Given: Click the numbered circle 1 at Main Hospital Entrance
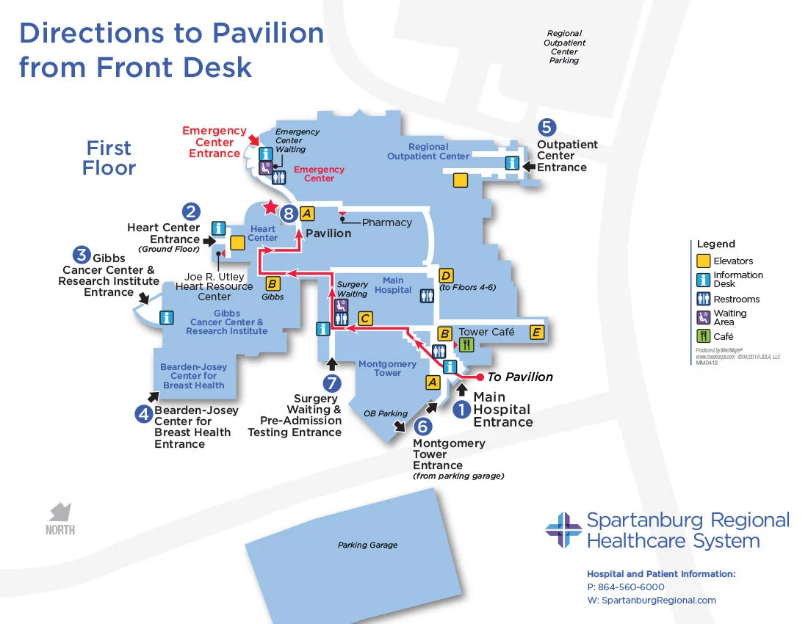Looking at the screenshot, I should (461, 410).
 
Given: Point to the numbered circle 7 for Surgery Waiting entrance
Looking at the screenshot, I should (332, 383).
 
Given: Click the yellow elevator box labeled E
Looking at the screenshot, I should (537, 333).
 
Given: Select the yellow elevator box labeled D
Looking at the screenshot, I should (446, 276).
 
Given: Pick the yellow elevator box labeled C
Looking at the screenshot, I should (365, 319).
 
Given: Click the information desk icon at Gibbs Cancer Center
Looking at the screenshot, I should (167, 318).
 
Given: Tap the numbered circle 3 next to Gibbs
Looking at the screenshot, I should (82, 255).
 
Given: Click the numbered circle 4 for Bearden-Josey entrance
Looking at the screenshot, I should (143, 414).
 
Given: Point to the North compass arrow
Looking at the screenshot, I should (60, 512).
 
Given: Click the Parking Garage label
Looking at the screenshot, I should (367, 545).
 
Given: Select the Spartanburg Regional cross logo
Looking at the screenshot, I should (563, 530).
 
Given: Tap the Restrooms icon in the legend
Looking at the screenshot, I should (703, 299).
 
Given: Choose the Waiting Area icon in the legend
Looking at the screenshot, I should (703, 317).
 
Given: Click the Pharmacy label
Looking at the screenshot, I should (386, 222).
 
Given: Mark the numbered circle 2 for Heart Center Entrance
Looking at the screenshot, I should (191, 212).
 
